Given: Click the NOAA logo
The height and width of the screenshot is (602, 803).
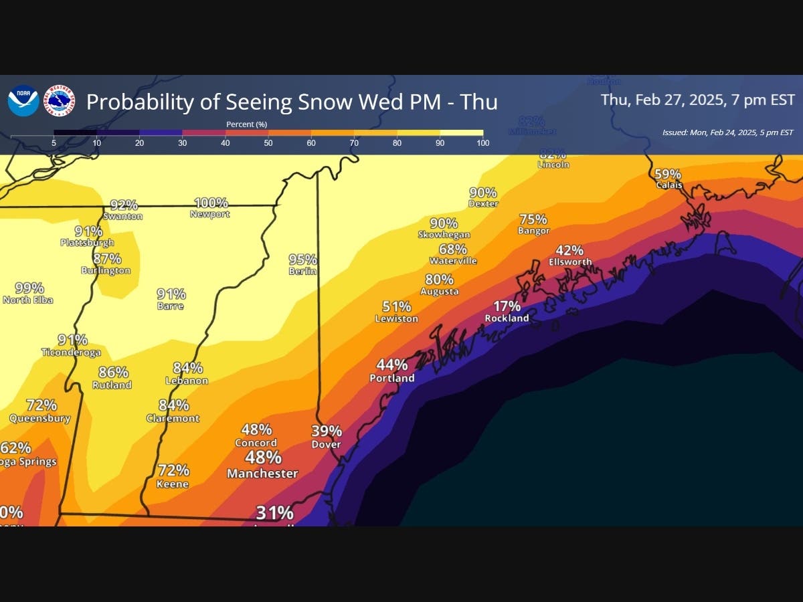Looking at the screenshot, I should tap(23, 101).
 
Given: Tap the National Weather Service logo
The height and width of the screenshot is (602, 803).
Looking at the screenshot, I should tap(60, 101).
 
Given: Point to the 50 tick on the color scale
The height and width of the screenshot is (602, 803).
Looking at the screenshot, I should tap(268, 143).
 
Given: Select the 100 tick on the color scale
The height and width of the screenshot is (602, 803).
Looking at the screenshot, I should tap(482, 143).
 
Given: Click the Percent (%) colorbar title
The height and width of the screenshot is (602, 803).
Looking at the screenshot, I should tap(246, 124).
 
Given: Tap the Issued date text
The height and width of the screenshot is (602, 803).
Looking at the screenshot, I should tap(727, 132).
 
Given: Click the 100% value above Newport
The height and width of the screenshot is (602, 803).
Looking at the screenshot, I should tap(211, 203).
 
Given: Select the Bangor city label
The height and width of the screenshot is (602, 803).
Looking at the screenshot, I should tap(533, 231).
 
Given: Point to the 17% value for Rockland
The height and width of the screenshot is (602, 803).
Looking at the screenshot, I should tap(507, 306).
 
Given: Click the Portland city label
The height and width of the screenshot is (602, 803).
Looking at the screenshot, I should tap(392, 378).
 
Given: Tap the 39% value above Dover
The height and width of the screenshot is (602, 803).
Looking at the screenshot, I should tap(327, 431).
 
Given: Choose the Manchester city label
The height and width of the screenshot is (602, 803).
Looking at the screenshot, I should tap(262, 474).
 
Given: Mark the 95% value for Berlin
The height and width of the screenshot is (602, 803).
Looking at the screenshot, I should tap(302, 260).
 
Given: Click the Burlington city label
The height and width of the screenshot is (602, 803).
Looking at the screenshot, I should tap(106, 271).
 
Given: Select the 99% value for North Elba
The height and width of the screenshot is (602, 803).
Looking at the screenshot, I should tap(29, 288).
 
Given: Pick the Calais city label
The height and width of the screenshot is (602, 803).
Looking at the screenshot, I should tap(669, 185).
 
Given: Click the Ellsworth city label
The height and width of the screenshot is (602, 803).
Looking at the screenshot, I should tap(570, 262).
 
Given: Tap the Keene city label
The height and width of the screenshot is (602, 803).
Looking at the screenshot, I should tap(173, 484).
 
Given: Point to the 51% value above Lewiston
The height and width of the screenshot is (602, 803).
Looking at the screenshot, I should tap(396, 307).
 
